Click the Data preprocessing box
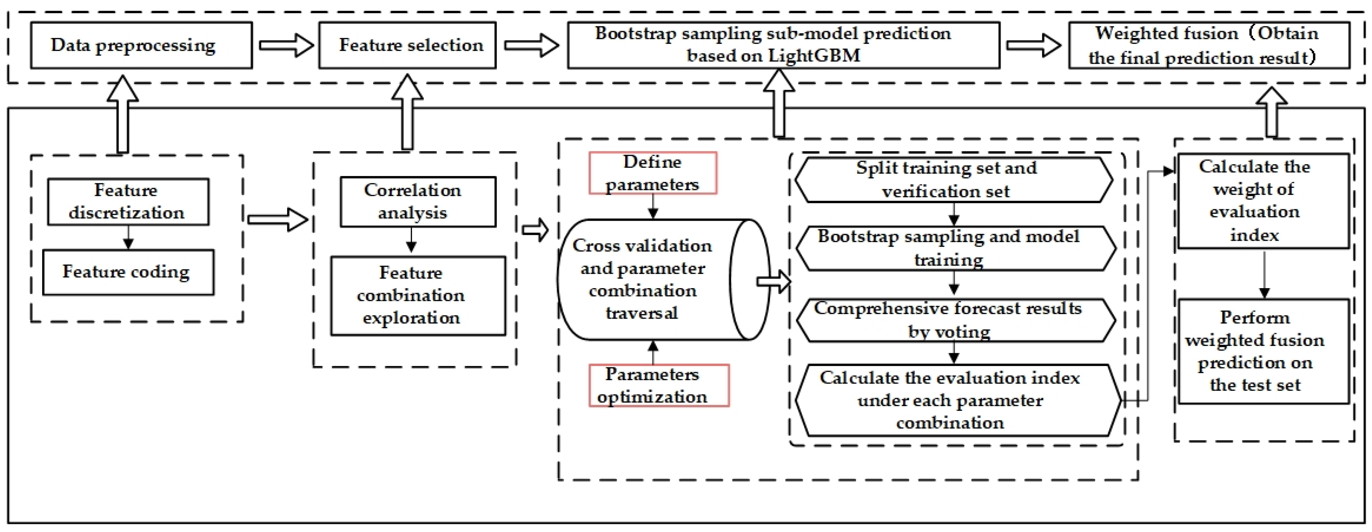tap(141, 45)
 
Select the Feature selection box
tap(407, 45)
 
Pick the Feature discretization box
tap(128, 202)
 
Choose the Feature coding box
tap(128, 272)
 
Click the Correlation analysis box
tap(418, 202)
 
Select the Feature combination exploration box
tap(418, 295)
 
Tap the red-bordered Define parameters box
tap(652, 173)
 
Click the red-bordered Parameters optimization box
tap(658, 385)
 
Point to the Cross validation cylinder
tap(650, 279)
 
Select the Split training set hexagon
tap(953, 180)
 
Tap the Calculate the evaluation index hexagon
tap(956, 400)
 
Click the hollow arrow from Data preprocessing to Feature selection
tap(286, 45)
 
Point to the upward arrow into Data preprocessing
tap(122, 114)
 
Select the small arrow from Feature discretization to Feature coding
tap(128, 237)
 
